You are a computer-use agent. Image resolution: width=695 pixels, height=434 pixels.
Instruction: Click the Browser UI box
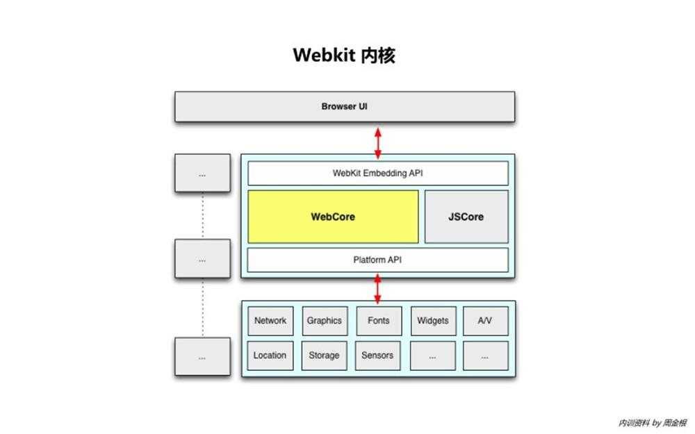[x=344, y=107]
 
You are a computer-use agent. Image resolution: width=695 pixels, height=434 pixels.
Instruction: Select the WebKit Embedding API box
[x=377, y=174]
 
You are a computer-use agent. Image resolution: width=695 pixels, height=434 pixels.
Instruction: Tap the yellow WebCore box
[x=333, y=217]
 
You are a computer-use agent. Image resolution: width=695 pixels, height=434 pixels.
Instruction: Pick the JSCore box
[x=466, y=217]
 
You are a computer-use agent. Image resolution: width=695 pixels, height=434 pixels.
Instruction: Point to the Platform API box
[x=377, y=260]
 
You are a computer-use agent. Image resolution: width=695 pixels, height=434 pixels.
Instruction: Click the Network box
[x=270, y=321]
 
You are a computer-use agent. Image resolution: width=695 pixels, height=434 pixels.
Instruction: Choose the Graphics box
[x=324, y=321]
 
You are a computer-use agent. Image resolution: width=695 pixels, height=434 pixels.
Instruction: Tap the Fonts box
[x=378, y=321]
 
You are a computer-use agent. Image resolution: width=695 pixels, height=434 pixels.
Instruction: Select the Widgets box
[x=432, y=321]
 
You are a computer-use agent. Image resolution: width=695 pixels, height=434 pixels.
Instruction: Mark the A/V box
[x=484, y=321]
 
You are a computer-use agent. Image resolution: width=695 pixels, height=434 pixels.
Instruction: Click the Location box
[x=270, y=356]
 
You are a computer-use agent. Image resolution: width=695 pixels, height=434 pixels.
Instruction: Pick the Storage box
[x=324, y=356]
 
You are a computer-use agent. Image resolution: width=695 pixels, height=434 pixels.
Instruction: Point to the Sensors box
[x=377, y=356]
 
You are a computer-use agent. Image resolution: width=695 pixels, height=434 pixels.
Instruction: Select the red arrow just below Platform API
[x=378, y=288]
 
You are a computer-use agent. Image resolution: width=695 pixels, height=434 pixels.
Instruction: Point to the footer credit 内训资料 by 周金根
[x=652, y=422]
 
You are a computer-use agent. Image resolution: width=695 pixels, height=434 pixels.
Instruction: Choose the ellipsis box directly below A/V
[x=484, y=356]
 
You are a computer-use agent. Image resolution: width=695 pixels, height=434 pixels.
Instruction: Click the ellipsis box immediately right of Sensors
[x=432, y=356]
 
